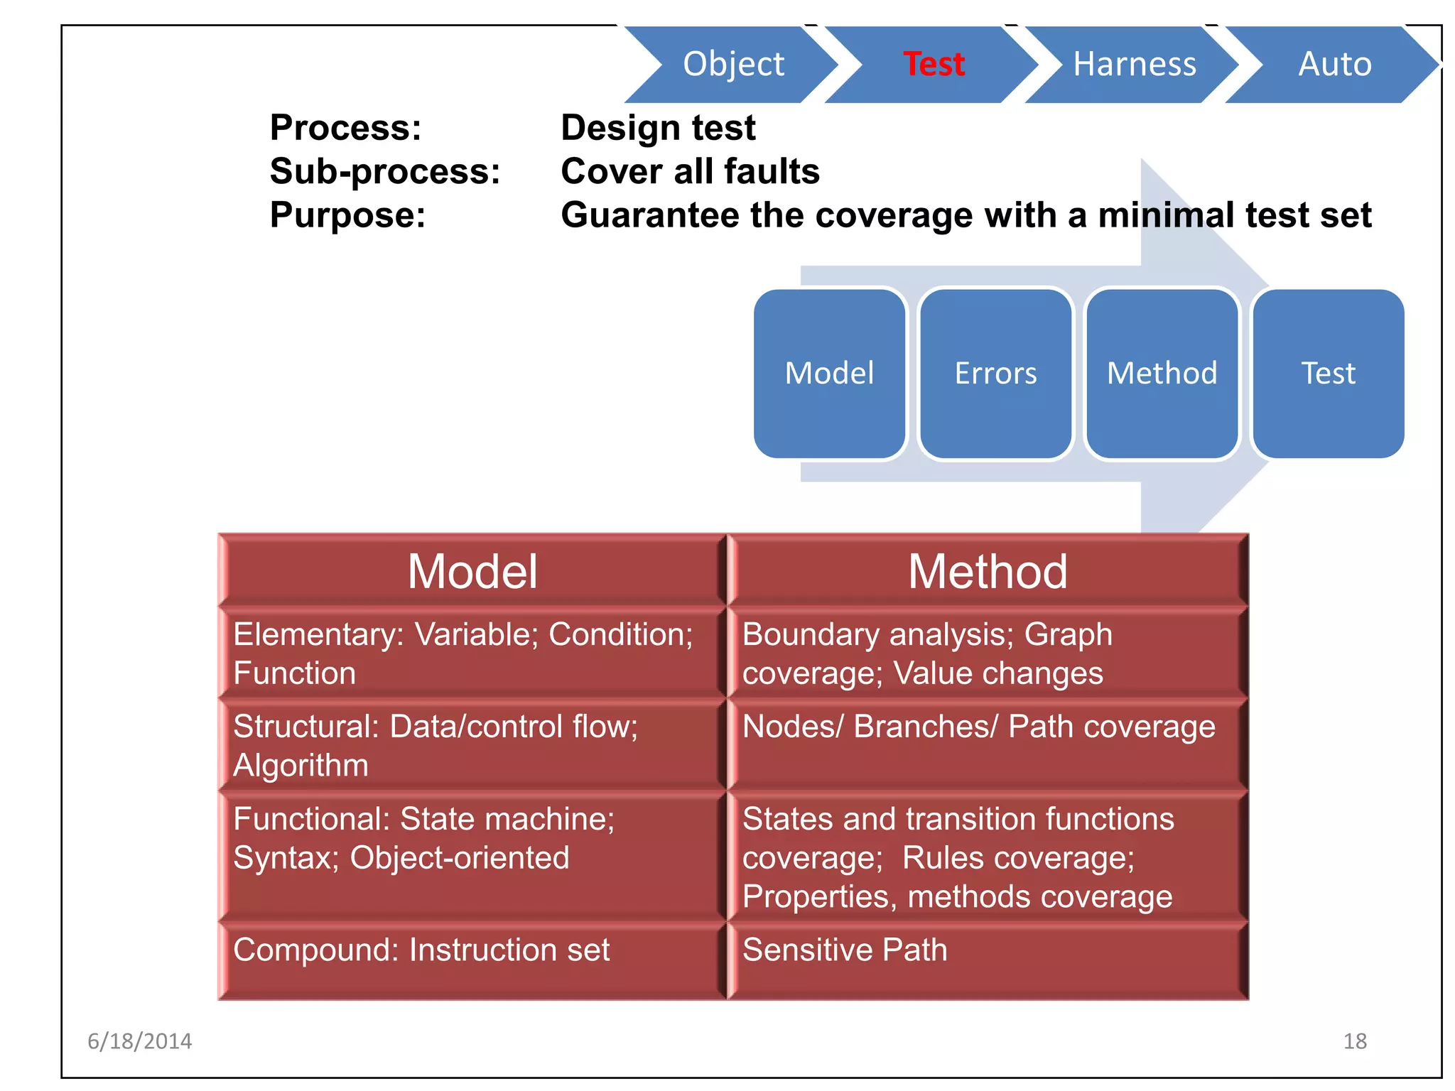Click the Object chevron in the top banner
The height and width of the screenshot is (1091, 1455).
[x=733, y=64]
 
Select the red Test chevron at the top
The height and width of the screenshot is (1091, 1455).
[x=934, y=64]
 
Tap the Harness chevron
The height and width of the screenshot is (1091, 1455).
[x=1134, y=64]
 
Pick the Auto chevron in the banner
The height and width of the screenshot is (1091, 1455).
[x=1334, y=64]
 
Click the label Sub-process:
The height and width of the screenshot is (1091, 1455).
[x=385, y=172]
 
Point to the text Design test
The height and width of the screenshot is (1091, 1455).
[x=658, y=129]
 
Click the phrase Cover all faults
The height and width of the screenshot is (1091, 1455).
[x=690, y=172]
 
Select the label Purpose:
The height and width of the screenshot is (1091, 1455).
[x=347, y=215]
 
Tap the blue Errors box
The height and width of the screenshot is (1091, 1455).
[x=995, y=374]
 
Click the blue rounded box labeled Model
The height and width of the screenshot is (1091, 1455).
[x=829, y=374]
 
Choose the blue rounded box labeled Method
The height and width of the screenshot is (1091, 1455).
[x=1162, y=374]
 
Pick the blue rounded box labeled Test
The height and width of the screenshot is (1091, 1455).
[x=1328, y=374]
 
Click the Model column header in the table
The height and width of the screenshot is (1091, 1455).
[x=472, y=571]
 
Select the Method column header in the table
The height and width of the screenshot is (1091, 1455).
[x=988, y=571]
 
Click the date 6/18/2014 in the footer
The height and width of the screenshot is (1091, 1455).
[x=139, y=1041]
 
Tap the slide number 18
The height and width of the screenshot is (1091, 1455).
[x=1355, y=1041]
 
